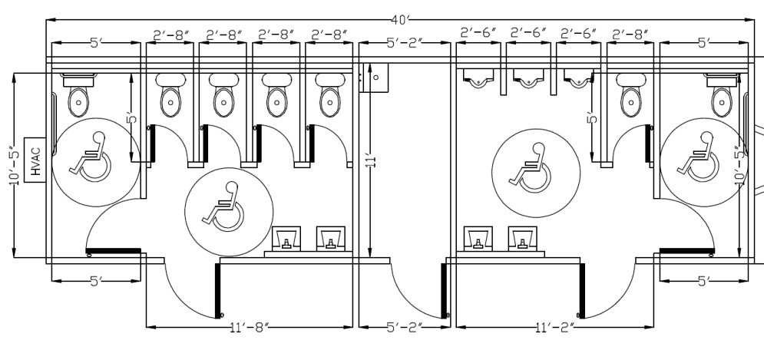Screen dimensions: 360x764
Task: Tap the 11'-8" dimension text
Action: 251,329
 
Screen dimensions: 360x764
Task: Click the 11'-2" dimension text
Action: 556,329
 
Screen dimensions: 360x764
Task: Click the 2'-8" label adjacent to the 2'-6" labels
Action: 630,35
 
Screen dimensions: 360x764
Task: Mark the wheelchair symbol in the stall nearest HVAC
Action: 90,157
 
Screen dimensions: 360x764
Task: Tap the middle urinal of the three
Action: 528,76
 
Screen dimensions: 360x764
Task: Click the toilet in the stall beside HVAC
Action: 79,97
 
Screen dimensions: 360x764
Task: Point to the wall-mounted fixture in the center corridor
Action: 377,77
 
